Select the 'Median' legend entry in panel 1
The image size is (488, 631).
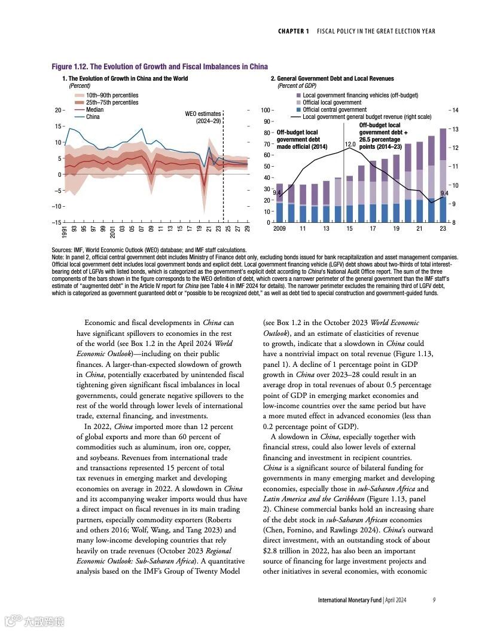click(x=94, y=110)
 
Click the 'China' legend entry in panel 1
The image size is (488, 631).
click(x=92, y=117)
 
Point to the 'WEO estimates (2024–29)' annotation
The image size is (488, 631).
click(x=204, y=117)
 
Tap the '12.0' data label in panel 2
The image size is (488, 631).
click(x=350, y=145)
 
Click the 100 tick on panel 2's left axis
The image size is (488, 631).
click(x=266, y=111)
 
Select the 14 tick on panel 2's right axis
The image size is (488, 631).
click(x=455, y=111)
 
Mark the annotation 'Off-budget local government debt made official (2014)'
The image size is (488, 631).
click(x=302, y=139)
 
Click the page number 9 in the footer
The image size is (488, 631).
click(x=434, y=599)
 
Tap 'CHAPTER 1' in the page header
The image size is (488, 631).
click(x=294, y=31)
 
